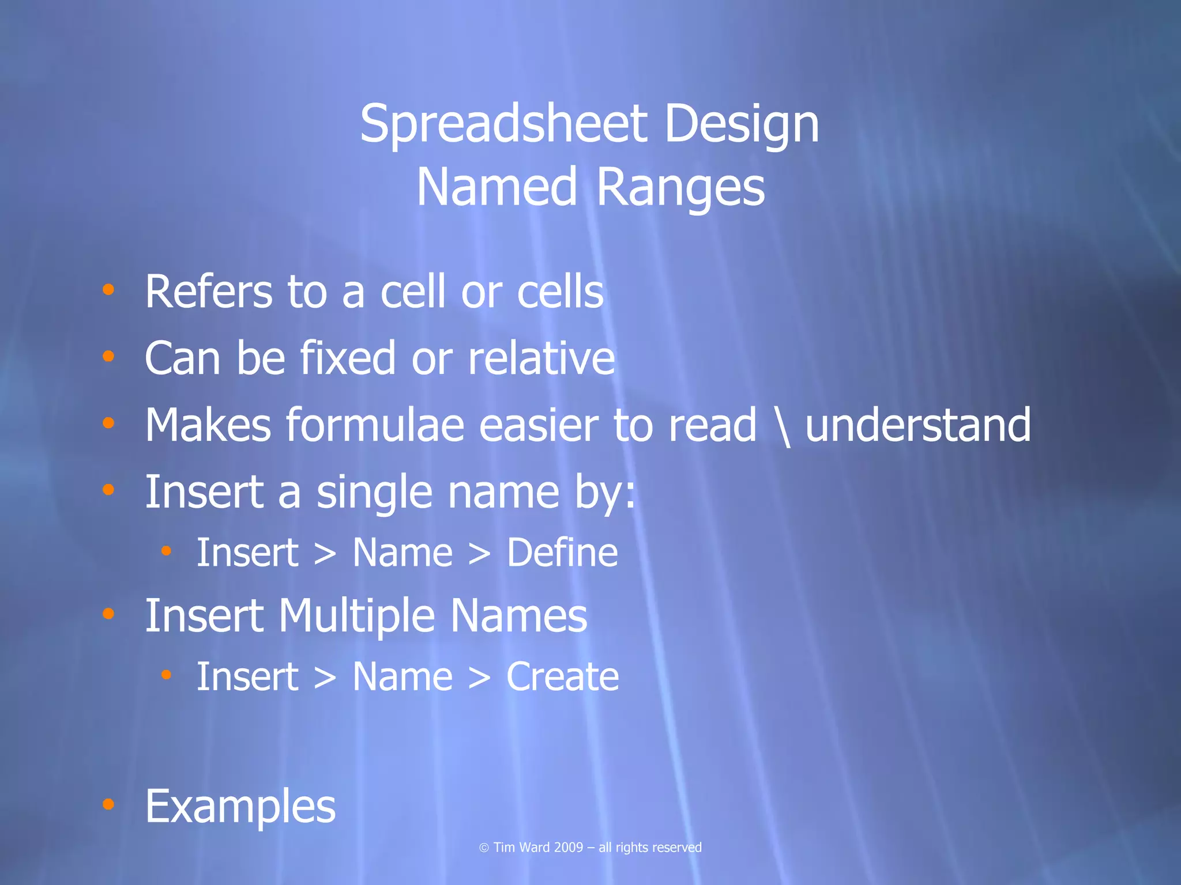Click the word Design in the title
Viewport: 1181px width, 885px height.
pyautogui.click(x=742, y=124)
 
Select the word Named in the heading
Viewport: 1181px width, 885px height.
pyautogui.click(x=497, y=187)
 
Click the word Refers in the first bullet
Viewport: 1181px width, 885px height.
pyautogui.click(x=208, y=292)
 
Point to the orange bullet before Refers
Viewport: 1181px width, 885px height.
pyautogui.click(x=108, y=290)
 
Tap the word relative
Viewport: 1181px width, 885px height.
pyautogui.click(x=541, y=358)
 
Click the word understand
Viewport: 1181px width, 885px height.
pyautogui.click(x=917, y=425)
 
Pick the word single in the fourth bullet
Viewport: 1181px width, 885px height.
pyautogui.click(x=374, y=493)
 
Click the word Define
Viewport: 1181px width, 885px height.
pyautogui.click(x=562, y=553)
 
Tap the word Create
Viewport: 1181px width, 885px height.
pyautogui.click(x=562, y=677)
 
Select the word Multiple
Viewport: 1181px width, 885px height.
pyautogui.click(x=356, y=617)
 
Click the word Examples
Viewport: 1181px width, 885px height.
pyautogui.click(x=240, y=807)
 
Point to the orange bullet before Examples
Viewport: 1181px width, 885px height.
pyautogui.click(x=108, y=804)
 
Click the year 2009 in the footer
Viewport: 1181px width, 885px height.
pyautogui.click(x=569, y=848)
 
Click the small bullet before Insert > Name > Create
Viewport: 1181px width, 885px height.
pyautogui.click(x=167, y=675)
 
